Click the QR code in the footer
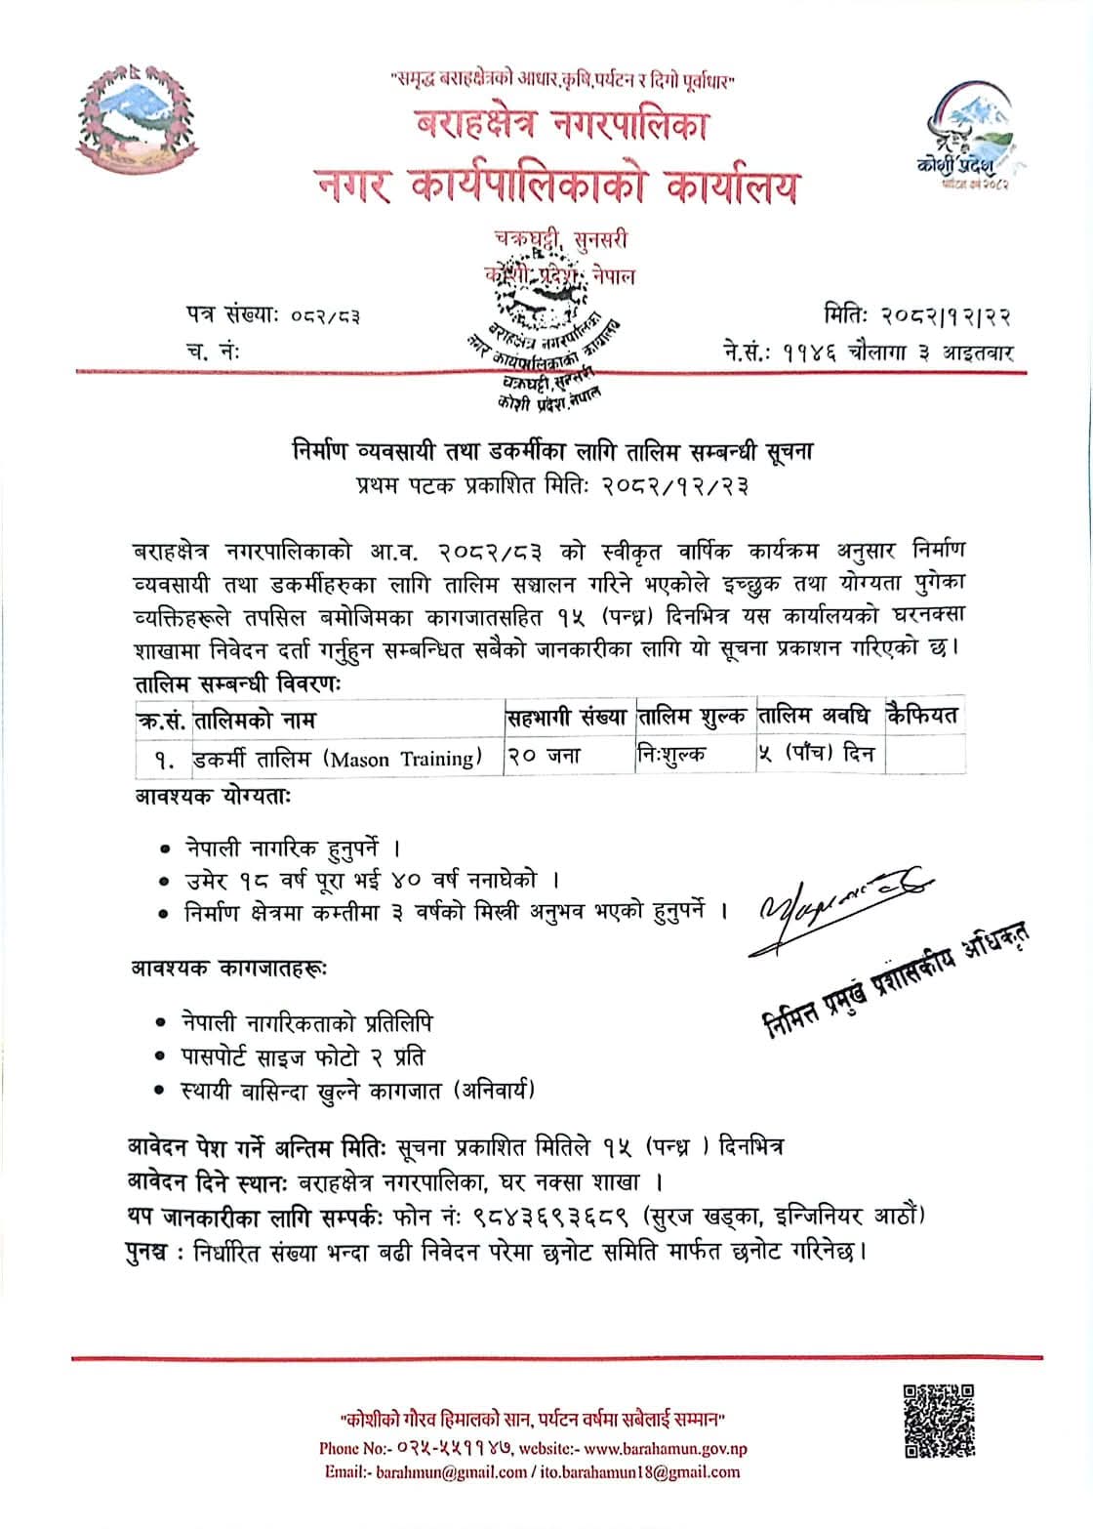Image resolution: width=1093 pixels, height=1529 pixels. (939, 1421)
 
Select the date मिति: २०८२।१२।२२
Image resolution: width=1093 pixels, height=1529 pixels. (916, 315)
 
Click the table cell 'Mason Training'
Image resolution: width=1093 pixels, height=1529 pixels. (338, 758)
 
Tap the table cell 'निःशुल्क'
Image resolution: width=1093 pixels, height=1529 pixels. (670, 756)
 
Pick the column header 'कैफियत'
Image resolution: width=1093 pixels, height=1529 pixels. (923, 717)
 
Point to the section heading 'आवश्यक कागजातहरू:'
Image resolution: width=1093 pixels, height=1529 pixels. (229, 969)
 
